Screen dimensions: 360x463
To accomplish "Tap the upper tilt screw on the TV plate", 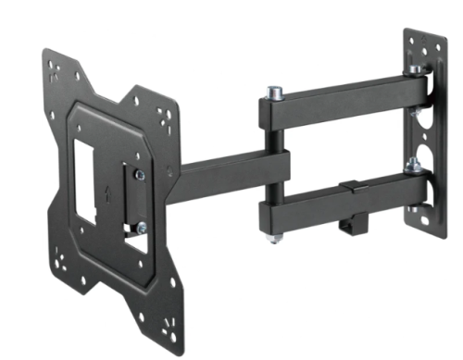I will [140, 174].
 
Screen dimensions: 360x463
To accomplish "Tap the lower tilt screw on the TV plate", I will [141, 227].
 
